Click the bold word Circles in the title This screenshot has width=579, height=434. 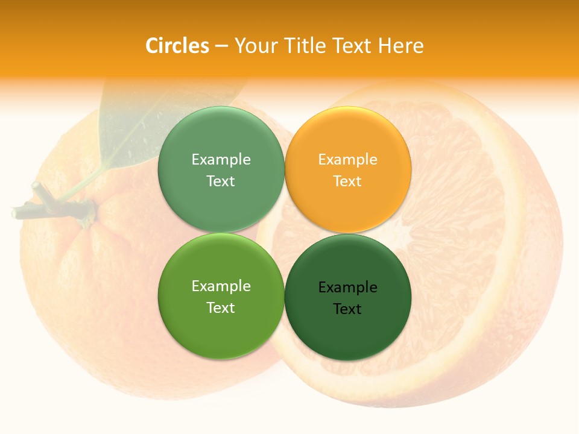point(177,46)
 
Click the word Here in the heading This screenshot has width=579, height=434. point(400,46)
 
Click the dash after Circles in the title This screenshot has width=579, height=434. point(221,46)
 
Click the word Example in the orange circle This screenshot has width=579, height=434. point(348,159)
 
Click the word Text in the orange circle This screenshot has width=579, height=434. point(347,181)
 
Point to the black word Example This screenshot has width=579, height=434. point(348,287)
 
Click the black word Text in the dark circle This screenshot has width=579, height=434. point(347,309)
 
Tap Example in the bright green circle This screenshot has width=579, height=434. point(221,286)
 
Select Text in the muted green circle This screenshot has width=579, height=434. point(221,181)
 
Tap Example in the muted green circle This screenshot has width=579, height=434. point(221,159)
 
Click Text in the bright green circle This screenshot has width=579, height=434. point(221,307)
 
